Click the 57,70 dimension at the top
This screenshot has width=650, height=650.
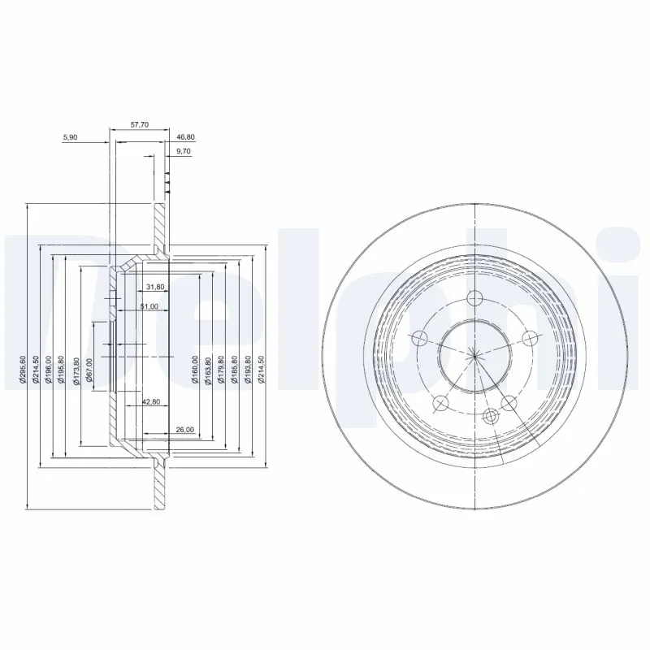[141, 126]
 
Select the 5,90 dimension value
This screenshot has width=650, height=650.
[70, 138]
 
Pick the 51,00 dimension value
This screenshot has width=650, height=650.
[149, 307]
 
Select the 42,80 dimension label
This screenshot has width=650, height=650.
[151, 401]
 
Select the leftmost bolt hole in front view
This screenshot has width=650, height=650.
[420, 337]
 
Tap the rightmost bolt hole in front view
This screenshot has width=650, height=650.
[530, 337]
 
